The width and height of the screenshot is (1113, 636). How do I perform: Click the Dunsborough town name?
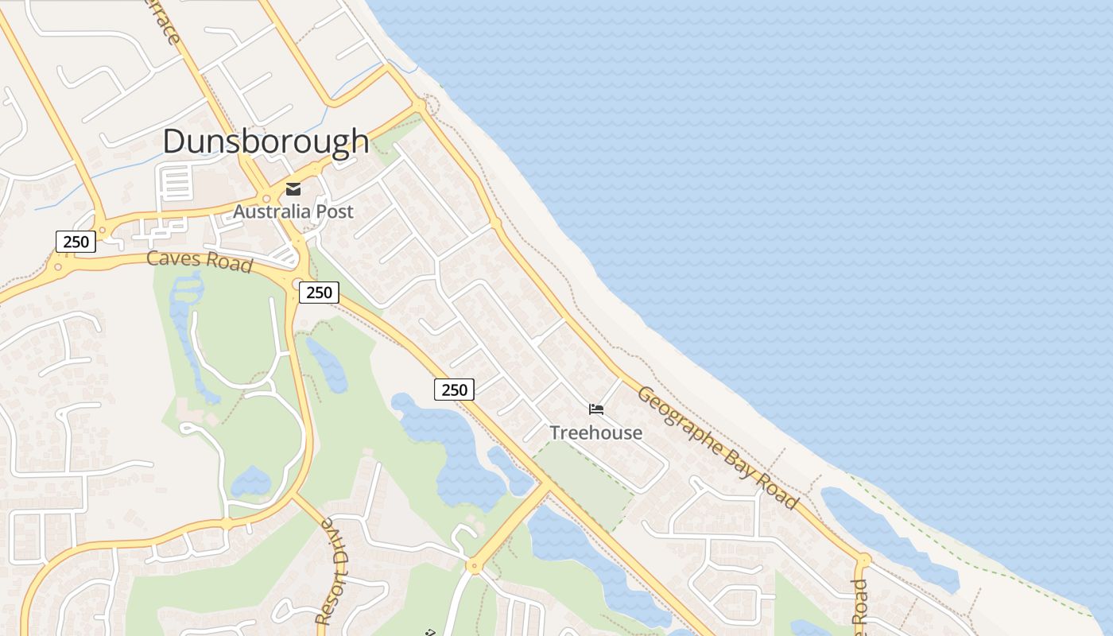coord(266,142)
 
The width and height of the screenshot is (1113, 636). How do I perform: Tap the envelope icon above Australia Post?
coord(293,188)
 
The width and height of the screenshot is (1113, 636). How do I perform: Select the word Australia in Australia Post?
coord(270,211)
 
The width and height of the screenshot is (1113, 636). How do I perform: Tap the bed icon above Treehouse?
coord(596,409)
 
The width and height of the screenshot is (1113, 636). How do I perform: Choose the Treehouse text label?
coord(595,433)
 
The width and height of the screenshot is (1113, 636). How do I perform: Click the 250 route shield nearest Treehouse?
coord(454,390)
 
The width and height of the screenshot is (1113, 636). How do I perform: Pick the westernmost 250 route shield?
coord(76,241)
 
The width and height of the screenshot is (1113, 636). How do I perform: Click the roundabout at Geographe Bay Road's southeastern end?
coord(863,560)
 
